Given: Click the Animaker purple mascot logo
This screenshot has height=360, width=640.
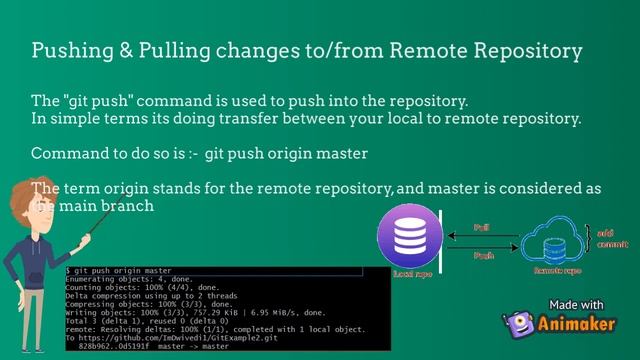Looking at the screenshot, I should click(x=516, y=325).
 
